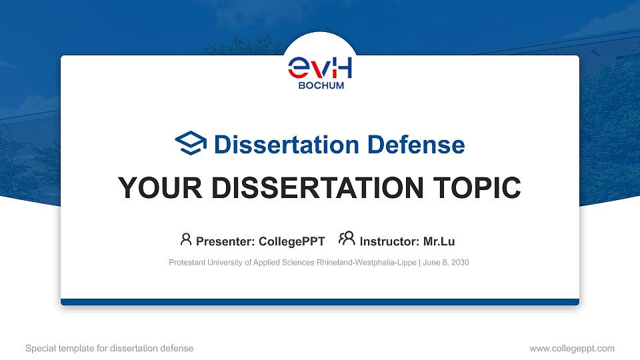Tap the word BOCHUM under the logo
[320, 85]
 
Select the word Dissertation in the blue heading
[277, 145]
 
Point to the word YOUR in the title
[156, 188]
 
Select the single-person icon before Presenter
[186, 239]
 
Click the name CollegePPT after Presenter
[291, 241]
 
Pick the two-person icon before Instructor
[347, 239]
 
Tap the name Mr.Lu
[439, 241]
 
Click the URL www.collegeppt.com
[572, 348]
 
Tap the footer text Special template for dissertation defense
[109, 348]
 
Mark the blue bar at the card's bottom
[320, 302]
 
